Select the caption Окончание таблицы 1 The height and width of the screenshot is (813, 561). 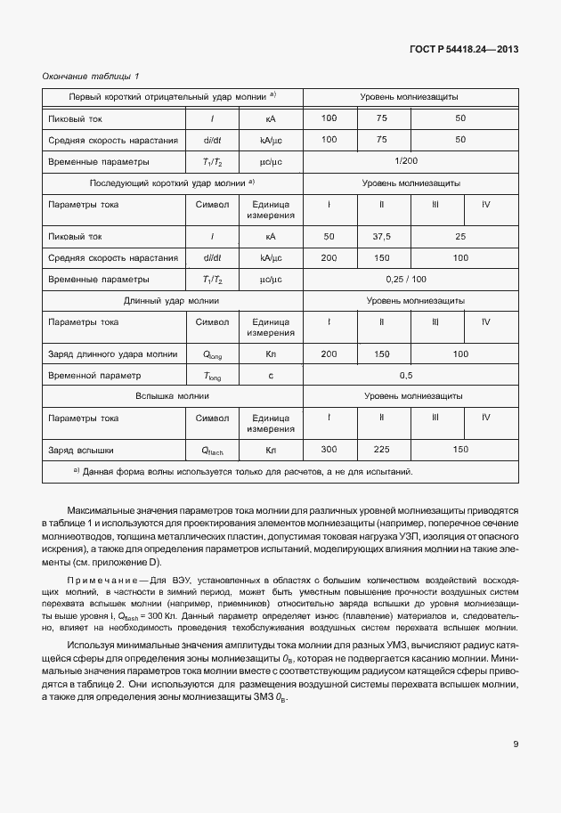(91, 77)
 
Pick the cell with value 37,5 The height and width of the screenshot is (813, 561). (381, 236)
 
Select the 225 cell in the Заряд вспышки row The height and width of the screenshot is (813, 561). (381, 450)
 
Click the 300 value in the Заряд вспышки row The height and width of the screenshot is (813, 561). (329, 450)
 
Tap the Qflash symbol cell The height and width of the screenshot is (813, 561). (212, 451)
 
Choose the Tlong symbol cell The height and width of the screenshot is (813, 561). (212, 376)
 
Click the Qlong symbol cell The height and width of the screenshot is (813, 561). (212, 354)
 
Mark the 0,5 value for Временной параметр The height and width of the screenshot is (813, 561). (407, 376)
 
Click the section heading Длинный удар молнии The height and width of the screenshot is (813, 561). (172, 301)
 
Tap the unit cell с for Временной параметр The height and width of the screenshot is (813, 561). (271, 376)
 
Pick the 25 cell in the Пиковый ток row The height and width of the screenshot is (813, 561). (459, 236)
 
